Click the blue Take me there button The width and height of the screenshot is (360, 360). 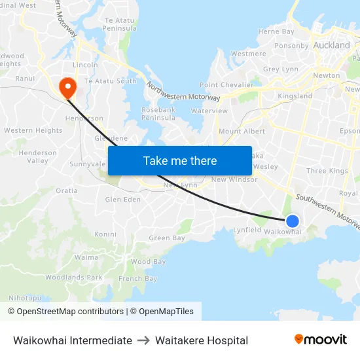[180, 160]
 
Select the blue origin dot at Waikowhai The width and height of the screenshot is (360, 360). [293, 221]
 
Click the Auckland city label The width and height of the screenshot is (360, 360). [332, 45]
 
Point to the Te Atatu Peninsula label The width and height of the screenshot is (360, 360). [120, 24]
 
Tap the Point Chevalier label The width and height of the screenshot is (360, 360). [226, 85]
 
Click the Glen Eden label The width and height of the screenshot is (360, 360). [123, 200]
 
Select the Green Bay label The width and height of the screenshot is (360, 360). [167, 238]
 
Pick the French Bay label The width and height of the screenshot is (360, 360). [138, 279]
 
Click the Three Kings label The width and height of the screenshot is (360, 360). [327, 171]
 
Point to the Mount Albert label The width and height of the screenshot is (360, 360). [242, 132]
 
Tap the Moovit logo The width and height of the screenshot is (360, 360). [320, 340]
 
